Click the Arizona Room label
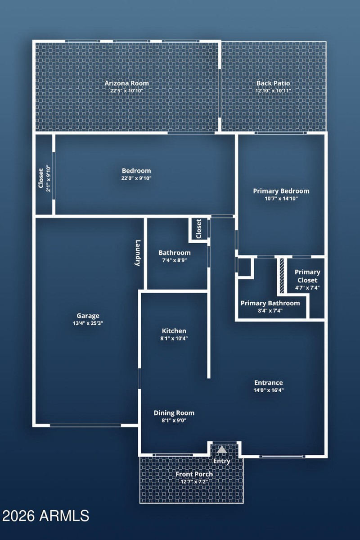pyautogui.click(x=126, y=83)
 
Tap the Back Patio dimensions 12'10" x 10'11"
pyautogui.click(x=273, y=91)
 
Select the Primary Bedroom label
pyautogui.click(x=281, y=191)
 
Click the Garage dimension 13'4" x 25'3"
pyautogui.click(x=88, y=323)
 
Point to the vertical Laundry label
pyautogui.click(x=138, y=253)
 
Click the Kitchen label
pyautogui.click(x=174, y=331)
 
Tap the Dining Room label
pyautogui.click(x=174, y=413)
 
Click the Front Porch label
pyautogui.click(x=194, y=474)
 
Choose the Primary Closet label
pyautogui.click(x=307, y=276)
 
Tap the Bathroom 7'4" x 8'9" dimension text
pyautogui.click(x=174, y=260)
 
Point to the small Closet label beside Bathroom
pyautogui.click(x=198, y=229)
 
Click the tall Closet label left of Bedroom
pyautogui.click(x=41, y=178)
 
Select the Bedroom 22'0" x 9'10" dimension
pyautogui.click(x=136, y=178)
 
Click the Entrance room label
pyautogui.click(x=268, y=383)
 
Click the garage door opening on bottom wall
pyautogui.click(x=85, y=425)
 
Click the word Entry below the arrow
pyautogui.click(x=221, y=461)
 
